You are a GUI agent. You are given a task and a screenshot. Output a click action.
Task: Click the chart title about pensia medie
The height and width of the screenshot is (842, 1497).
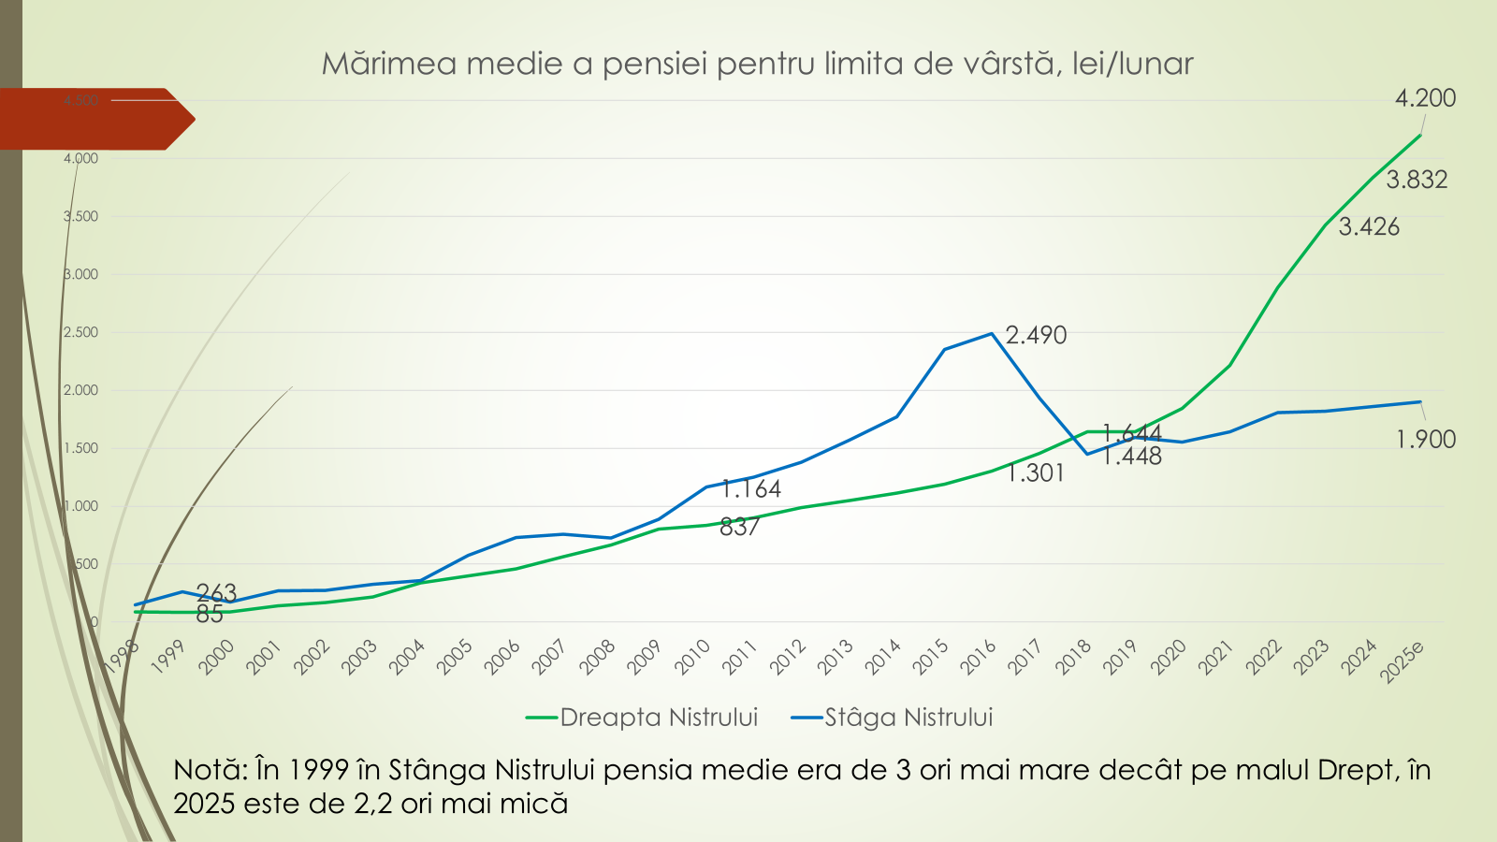pyautogui.click(x=757, y=64)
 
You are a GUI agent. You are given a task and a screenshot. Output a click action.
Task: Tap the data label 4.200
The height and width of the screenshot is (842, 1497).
pyautogui.click(x=1425, y=98)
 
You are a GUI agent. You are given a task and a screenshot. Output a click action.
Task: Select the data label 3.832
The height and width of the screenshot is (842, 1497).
pyautogui.click(x=1417, y=180)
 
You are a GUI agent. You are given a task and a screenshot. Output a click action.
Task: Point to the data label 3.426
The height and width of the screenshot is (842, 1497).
pyautogui.click(x=1369, y=227)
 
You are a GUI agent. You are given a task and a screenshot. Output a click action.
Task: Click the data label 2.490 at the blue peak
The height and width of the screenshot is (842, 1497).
pyautogui.click(x=1036, y=335)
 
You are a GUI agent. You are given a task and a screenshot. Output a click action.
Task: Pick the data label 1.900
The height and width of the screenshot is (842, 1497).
pyautogui.click(x=1426, y=440)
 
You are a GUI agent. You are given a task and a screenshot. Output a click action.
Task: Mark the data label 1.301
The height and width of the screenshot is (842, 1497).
pyautogui.click(x=1036, y=473)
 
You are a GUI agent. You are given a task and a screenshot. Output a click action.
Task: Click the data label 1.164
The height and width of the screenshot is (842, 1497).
pyautogui.click(x=751, y=489)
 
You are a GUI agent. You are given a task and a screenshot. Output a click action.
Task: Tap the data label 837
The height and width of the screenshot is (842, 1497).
pyautogui.click(x=739, y=528)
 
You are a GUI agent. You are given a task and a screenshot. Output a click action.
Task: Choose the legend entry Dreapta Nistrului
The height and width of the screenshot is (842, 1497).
pyautogui.click(x=658, y=718)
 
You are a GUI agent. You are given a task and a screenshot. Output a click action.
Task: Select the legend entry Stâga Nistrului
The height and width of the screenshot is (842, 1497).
pyautogui.click(x=908, y=718)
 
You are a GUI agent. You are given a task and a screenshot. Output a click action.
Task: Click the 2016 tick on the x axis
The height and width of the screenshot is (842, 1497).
pyautogui.click(x=979, y=657)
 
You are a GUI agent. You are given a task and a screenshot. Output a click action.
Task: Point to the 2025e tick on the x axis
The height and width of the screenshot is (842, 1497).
pyautogui.click(x=1403, y=661)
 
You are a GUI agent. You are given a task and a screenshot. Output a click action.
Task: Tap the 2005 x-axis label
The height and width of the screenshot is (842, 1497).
pyautogui.click(x=455, y=657)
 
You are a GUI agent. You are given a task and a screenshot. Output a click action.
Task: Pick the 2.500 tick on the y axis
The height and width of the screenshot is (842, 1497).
pyautogui.click(x=80, y=332)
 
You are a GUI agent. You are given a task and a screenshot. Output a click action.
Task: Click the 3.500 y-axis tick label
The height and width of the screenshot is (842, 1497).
pyautogui.click(x=80, y=216)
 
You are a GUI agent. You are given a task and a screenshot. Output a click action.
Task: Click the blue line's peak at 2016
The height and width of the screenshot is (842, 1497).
pyautogui.click(x=992, y=333)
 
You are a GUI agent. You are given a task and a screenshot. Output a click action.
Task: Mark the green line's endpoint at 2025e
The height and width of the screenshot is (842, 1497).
pyautogui.click(x=1420, y=136)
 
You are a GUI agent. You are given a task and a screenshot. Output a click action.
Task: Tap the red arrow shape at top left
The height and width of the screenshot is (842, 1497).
pyautogui.click(x=94, y=119)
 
